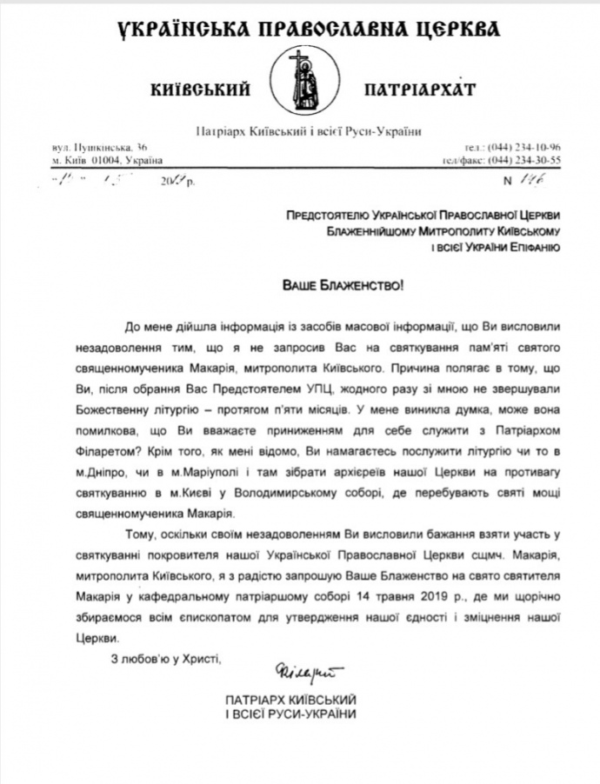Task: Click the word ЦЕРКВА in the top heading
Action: coord(456,30)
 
